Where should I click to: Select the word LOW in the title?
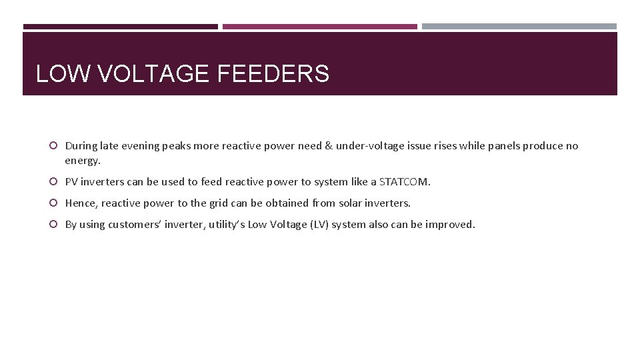click(64, 73)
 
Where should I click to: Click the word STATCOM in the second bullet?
click(404, 181)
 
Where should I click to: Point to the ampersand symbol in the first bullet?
click(328, 146)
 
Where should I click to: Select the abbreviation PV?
click(71, 181)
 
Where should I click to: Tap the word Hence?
click(80, 203)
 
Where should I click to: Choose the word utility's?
click(227, 224)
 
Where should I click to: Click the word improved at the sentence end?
click(453, 224)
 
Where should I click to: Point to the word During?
click(81, 146)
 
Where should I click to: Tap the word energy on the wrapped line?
click(81, 161)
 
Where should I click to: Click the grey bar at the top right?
click(519, 27)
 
